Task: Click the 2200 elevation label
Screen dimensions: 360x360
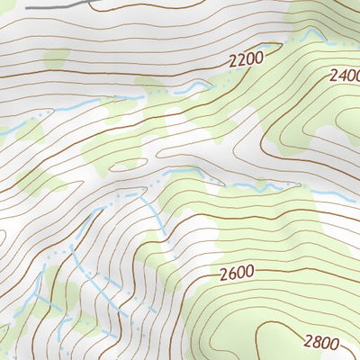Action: tap(246, 60)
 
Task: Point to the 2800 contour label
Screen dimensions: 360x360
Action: tap(320, 342)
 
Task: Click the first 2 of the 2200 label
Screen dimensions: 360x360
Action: tap(233, 61)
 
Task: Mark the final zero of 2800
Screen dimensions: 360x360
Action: tap(335, 343)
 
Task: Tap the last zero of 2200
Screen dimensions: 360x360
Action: tap(258, 58)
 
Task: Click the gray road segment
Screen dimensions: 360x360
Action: tap(54, 4)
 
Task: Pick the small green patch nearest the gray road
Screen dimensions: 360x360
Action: tap(56, 58)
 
